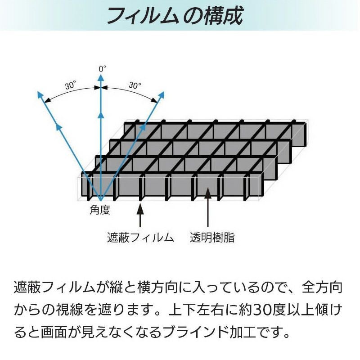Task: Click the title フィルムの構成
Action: pos(175,16)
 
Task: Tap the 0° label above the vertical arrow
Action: pos(103,69)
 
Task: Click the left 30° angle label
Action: pos(71,85)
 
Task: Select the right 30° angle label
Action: pos(135,85)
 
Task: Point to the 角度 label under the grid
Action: pos(100,210)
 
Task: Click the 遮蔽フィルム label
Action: pos(140,238)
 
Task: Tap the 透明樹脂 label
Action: pos(212,238)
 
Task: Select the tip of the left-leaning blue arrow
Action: pos(38,91)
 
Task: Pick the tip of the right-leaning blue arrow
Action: pos(164,91)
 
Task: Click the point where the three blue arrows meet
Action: pos(100,200)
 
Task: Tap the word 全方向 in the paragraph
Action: pos(322,288)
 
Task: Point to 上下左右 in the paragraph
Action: pos(196,310)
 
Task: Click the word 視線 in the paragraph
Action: pos(69,310)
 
